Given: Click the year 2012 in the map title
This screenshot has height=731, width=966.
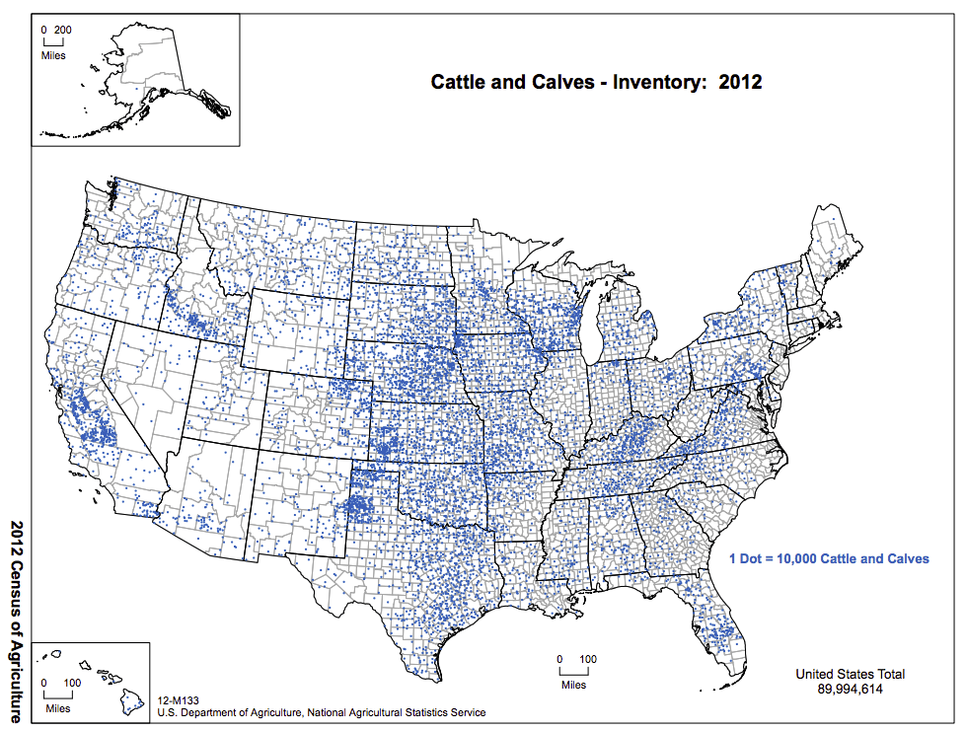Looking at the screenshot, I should (740, 82).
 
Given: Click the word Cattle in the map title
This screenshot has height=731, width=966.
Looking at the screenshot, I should (459, 82).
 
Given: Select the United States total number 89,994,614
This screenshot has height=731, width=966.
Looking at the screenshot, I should (850, 690).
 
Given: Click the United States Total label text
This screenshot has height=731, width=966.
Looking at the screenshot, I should (850, 675).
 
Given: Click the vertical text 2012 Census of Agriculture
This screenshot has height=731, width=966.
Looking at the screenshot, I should (17, 621).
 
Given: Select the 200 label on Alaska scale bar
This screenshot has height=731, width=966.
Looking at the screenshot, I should (63, 30).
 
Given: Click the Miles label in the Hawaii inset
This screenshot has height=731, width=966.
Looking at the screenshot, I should (57, 708).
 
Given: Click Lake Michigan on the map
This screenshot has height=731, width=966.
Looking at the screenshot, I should (593, 327).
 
